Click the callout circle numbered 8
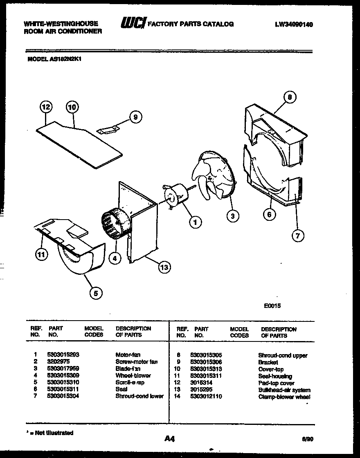coord(290,97)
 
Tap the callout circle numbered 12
coord(46,107)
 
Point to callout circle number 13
coord(164,267)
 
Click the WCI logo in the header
coord(132,24)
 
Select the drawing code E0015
coord(272,305)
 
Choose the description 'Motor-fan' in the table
coord(128,355)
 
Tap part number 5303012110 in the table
coord(206,396)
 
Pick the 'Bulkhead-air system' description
coord(284,390)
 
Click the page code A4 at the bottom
coord(169,439)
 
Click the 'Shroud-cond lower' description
coord(139,396)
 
